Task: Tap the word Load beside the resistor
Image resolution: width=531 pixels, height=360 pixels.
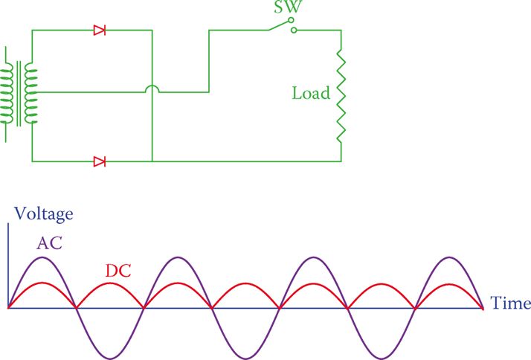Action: point(311,94)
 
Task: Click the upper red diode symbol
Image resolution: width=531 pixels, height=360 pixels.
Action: point(99,30)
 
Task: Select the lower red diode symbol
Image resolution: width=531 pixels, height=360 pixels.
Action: point(99,161)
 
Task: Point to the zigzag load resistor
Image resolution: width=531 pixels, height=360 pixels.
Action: point(341,96)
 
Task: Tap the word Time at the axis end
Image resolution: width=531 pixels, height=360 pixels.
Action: point(510,303)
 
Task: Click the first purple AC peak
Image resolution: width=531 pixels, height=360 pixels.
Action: point(42,257)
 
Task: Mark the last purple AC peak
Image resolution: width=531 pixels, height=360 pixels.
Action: point(449,257)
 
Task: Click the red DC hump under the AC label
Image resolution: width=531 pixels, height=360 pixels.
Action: point(42,283)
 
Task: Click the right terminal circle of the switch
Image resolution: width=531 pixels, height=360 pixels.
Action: point(294,30)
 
